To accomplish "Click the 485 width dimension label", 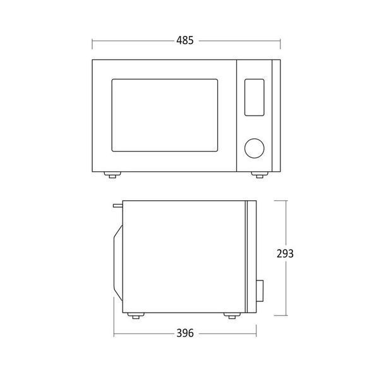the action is (x=185, y=40).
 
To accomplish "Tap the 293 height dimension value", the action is (x=285, y=253).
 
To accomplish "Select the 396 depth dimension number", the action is (x=185, y=333).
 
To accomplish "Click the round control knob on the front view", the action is (x=255, y=148).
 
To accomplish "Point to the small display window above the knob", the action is (x=255, y=97).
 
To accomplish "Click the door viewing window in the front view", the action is (x=165, y=116).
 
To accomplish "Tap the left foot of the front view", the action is (x=112, y=175).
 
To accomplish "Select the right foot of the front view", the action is (x=260, y=175).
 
